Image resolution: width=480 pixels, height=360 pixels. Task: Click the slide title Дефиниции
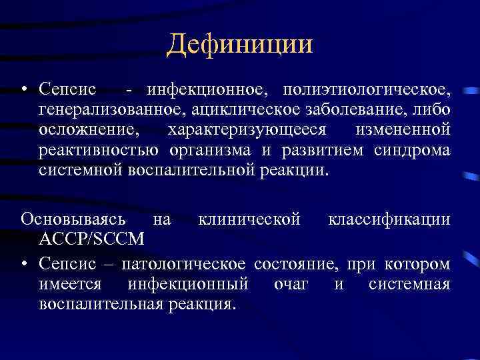[240, 45]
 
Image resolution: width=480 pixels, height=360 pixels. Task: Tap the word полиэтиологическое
[366, 89]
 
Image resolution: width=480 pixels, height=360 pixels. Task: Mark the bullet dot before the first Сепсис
[25, 89]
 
